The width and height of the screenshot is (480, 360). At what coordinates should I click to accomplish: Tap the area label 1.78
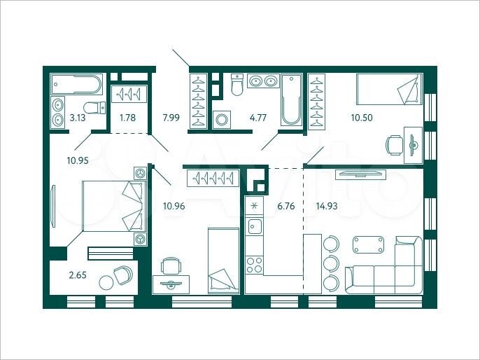(127, 118)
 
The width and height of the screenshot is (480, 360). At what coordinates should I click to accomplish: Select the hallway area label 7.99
(171, 118)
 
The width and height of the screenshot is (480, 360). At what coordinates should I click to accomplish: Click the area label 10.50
(361, 118)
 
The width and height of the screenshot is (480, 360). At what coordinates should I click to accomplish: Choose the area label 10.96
(174, 206)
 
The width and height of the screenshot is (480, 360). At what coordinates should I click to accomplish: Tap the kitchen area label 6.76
(286, 206)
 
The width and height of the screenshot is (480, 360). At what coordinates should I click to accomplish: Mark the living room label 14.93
(327, 206)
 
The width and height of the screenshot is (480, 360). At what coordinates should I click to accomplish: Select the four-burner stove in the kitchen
(254, 265)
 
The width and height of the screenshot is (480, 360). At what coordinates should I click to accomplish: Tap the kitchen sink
(255, 227)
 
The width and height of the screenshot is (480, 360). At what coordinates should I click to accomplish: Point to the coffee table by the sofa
(369, 244)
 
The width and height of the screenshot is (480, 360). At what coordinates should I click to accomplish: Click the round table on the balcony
(106, 282)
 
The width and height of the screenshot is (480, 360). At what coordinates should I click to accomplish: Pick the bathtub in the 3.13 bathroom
(76, 85)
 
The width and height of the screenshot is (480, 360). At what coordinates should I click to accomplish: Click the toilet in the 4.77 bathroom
(237, 86)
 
